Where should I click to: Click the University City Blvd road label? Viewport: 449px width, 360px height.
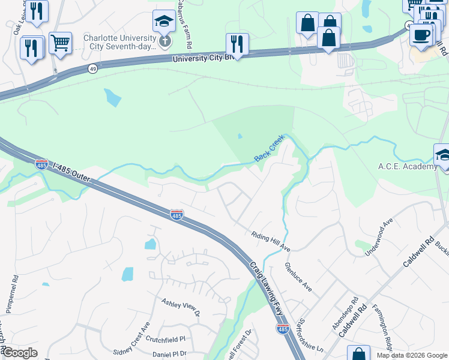197,59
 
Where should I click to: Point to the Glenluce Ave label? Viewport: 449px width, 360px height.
298,277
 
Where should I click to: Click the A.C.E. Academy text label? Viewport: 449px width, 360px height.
407,166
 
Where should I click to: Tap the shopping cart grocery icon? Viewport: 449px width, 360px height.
60,43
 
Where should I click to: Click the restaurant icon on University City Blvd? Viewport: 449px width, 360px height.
237,44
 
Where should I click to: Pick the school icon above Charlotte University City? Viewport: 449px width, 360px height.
164,22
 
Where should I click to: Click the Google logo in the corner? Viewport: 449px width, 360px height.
19,353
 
